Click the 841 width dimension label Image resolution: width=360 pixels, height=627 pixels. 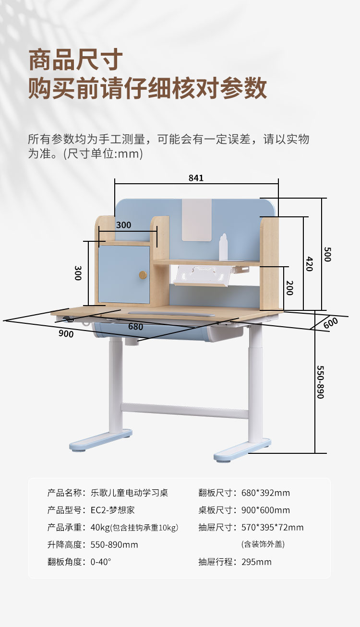[196, 178]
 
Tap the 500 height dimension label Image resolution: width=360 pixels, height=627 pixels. [327, 254]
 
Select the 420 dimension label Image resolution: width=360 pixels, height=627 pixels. [309, 263]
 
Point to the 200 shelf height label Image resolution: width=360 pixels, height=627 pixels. [289, 287]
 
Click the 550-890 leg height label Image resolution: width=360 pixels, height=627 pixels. [321, 382]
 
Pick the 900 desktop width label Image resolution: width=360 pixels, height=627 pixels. [66, 333]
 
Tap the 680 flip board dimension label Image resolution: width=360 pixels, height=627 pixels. [135, 327]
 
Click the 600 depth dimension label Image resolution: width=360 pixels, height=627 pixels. [331, 323]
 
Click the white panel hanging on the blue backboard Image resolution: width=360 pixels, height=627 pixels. [196, 220]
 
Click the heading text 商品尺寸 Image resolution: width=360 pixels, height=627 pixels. [76, 60]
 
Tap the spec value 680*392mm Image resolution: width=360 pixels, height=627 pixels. [265, 493]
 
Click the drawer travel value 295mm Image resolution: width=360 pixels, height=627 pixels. [256, 562]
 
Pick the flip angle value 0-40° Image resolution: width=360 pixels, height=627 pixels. [104, 562]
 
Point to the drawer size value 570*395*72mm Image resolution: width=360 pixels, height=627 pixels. [272, 527]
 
